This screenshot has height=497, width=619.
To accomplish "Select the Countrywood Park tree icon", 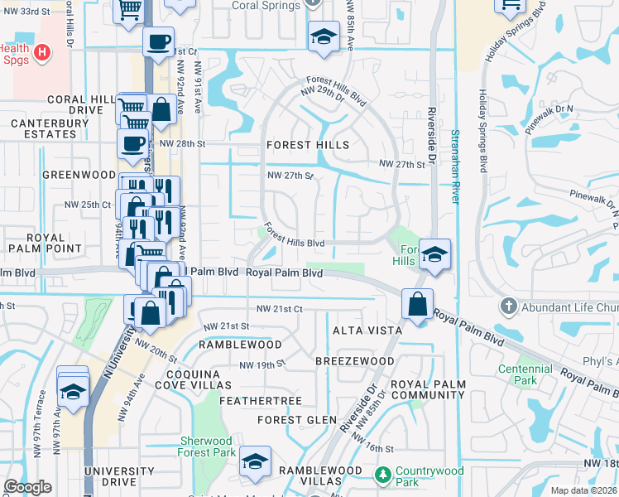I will click(382, 475).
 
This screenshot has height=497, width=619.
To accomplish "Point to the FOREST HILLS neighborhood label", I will click(307, 145).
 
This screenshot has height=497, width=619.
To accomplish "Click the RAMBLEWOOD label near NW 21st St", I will click(241, 344).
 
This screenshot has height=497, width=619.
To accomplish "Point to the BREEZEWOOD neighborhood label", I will click(355, 362).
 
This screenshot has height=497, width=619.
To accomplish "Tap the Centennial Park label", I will click(525, 374).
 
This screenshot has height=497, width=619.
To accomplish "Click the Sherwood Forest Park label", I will click(206, 446).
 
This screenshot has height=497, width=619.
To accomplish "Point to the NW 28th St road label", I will click(182, 144).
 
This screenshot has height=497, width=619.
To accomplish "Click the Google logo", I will click(28, 487).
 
